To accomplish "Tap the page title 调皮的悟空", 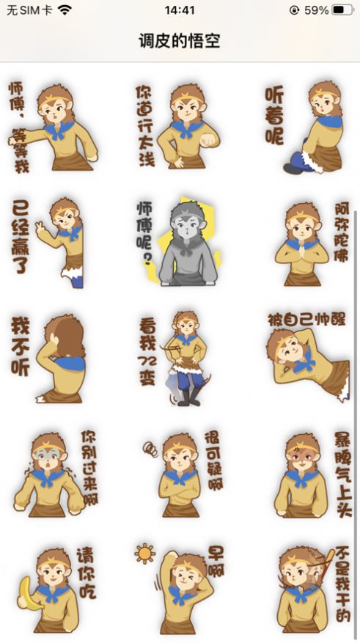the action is coord(180,41).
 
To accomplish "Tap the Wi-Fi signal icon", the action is coord(65,10).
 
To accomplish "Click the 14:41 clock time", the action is coord(180,10).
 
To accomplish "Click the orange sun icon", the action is coord(144,554).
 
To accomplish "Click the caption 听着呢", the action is coord(274,116).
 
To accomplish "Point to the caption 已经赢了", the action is coord(20,237).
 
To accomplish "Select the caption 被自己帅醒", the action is coord(306,320).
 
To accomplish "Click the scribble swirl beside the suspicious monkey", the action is coord(150,449).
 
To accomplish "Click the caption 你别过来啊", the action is coord(89,468).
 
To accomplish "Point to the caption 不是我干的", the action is coord(343,584).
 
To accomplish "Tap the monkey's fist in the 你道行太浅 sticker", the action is coord(209,139).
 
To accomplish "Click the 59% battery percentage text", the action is coord(316,10).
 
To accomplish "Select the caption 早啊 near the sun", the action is coord(216,561).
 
